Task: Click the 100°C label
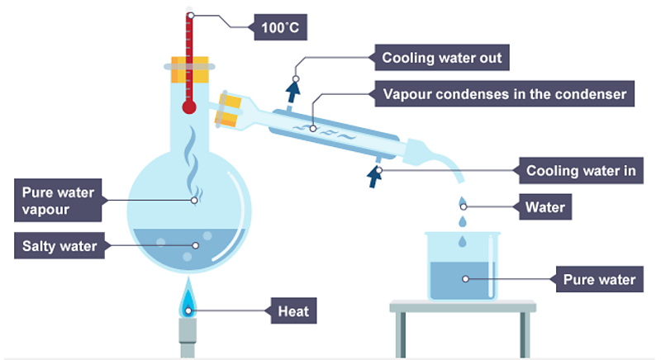click(281, 30)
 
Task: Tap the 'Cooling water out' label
click(441, 59)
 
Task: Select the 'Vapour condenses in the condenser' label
click(505, 93)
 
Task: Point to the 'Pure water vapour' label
click(57, 201)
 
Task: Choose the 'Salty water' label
click(60, 245)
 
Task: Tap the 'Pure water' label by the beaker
click(598, 279)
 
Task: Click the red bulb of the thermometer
click(189, 107)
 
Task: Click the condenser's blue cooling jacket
click(330, 136)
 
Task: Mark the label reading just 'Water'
click(544, 207)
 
